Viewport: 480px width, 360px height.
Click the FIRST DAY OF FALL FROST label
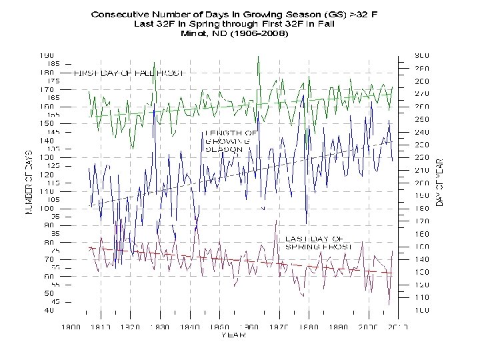128,73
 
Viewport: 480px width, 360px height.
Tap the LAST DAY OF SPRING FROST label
314,243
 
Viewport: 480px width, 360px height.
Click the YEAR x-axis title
233,335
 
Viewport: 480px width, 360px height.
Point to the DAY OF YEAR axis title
439,181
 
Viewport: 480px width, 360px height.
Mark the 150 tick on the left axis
47,123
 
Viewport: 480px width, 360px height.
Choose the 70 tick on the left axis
49,259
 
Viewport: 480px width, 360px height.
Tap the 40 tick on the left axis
49,310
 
